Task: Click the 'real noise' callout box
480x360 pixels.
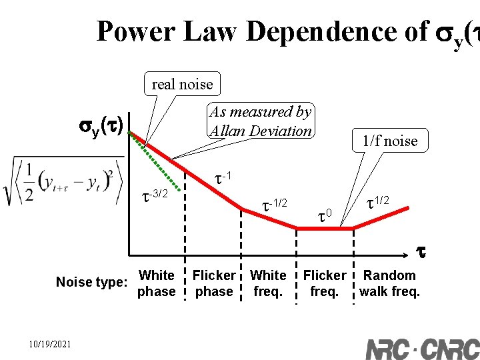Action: coord(182,84)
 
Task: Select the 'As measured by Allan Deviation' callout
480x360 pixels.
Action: coord(261,121)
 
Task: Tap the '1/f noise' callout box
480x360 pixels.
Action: coord(390,141)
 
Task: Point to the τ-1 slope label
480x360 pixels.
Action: coord(223,178)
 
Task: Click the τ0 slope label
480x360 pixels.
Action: coord(325,215)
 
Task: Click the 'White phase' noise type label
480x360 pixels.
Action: coord(157,283)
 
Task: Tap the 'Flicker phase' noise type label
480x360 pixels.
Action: coord(214,283)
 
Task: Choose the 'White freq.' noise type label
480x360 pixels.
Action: coord(268,283)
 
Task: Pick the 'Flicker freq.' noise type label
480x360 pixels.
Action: coord(325,283)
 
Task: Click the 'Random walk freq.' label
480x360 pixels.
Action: coord(389,283)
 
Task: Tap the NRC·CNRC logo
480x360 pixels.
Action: coord(421,348)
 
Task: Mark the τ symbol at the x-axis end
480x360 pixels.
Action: coord(421,251)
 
